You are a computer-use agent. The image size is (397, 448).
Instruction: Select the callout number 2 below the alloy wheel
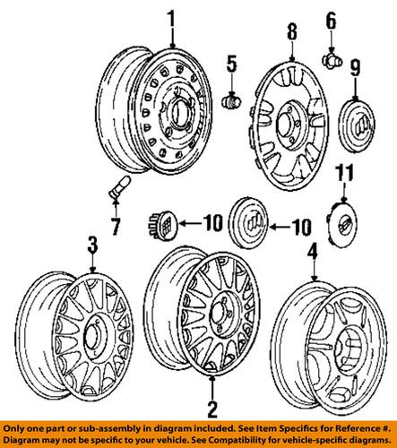[x=211, y=412]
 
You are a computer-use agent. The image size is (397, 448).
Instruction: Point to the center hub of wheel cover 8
[x=293, y=118]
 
